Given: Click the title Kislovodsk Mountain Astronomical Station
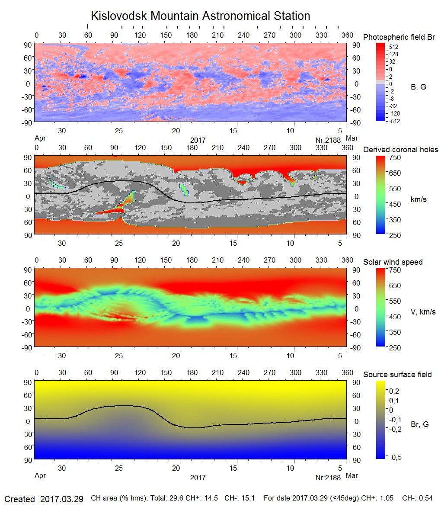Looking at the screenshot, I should click(200, 16).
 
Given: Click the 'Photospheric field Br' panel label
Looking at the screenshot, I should click(399, 37).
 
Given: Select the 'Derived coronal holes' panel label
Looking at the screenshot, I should click(400, 150).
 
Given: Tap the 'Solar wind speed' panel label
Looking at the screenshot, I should click(393, 262).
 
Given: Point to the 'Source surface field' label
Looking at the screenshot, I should click(397, 374).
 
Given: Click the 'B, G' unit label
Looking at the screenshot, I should click(418, 87).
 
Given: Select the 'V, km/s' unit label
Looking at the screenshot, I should click(423, 312).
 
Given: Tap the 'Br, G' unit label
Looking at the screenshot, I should click(420, 424).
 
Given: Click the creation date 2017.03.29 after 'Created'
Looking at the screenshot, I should click(61, 499).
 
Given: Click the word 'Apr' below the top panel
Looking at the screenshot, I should click(40, 139).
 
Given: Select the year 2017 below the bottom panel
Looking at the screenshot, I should click(198, 478).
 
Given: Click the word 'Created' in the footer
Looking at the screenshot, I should click(19, 499).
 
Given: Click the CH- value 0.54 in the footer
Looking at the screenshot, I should click(425, 498).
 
